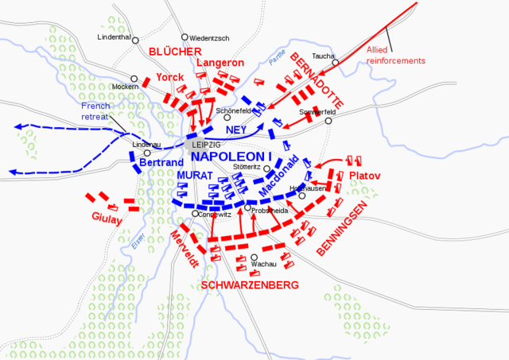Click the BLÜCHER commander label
click(175, 52)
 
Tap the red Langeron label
click(216, 63)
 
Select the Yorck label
click(169, 77)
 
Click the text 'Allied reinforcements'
click(396, 56)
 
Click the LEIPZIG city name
click(207, 144)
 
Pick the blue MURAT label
click(194, 175)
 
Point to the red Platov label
click(364, 175)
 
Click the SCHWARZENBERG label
click(249, 285)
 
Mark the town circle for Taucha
click(336, 64)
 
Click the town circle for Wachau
click(254, 257)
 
